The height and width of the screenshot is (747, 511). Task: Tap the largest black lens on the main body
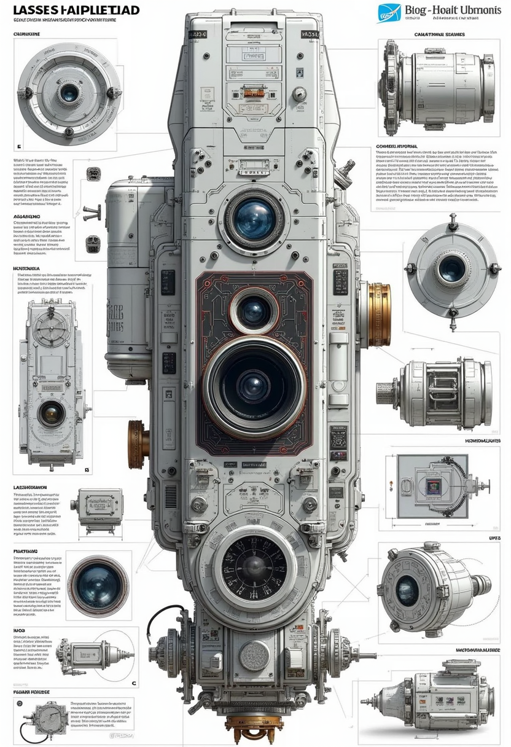[254, 385]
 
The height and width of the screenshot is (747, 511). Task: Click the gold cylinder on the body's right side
[378, 314]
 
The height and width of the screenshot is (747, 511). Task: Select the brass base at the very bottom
[254, 733]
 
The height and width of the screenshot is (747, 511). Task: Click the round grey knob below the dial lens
[254, 656]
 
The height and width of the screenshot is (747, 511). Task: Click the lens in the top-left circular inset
[69, 93]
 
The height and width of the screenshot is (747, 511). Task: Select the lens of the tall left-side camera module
[51, 413]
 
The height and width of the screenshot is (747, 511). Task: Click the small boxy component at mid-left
[99, 508]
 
